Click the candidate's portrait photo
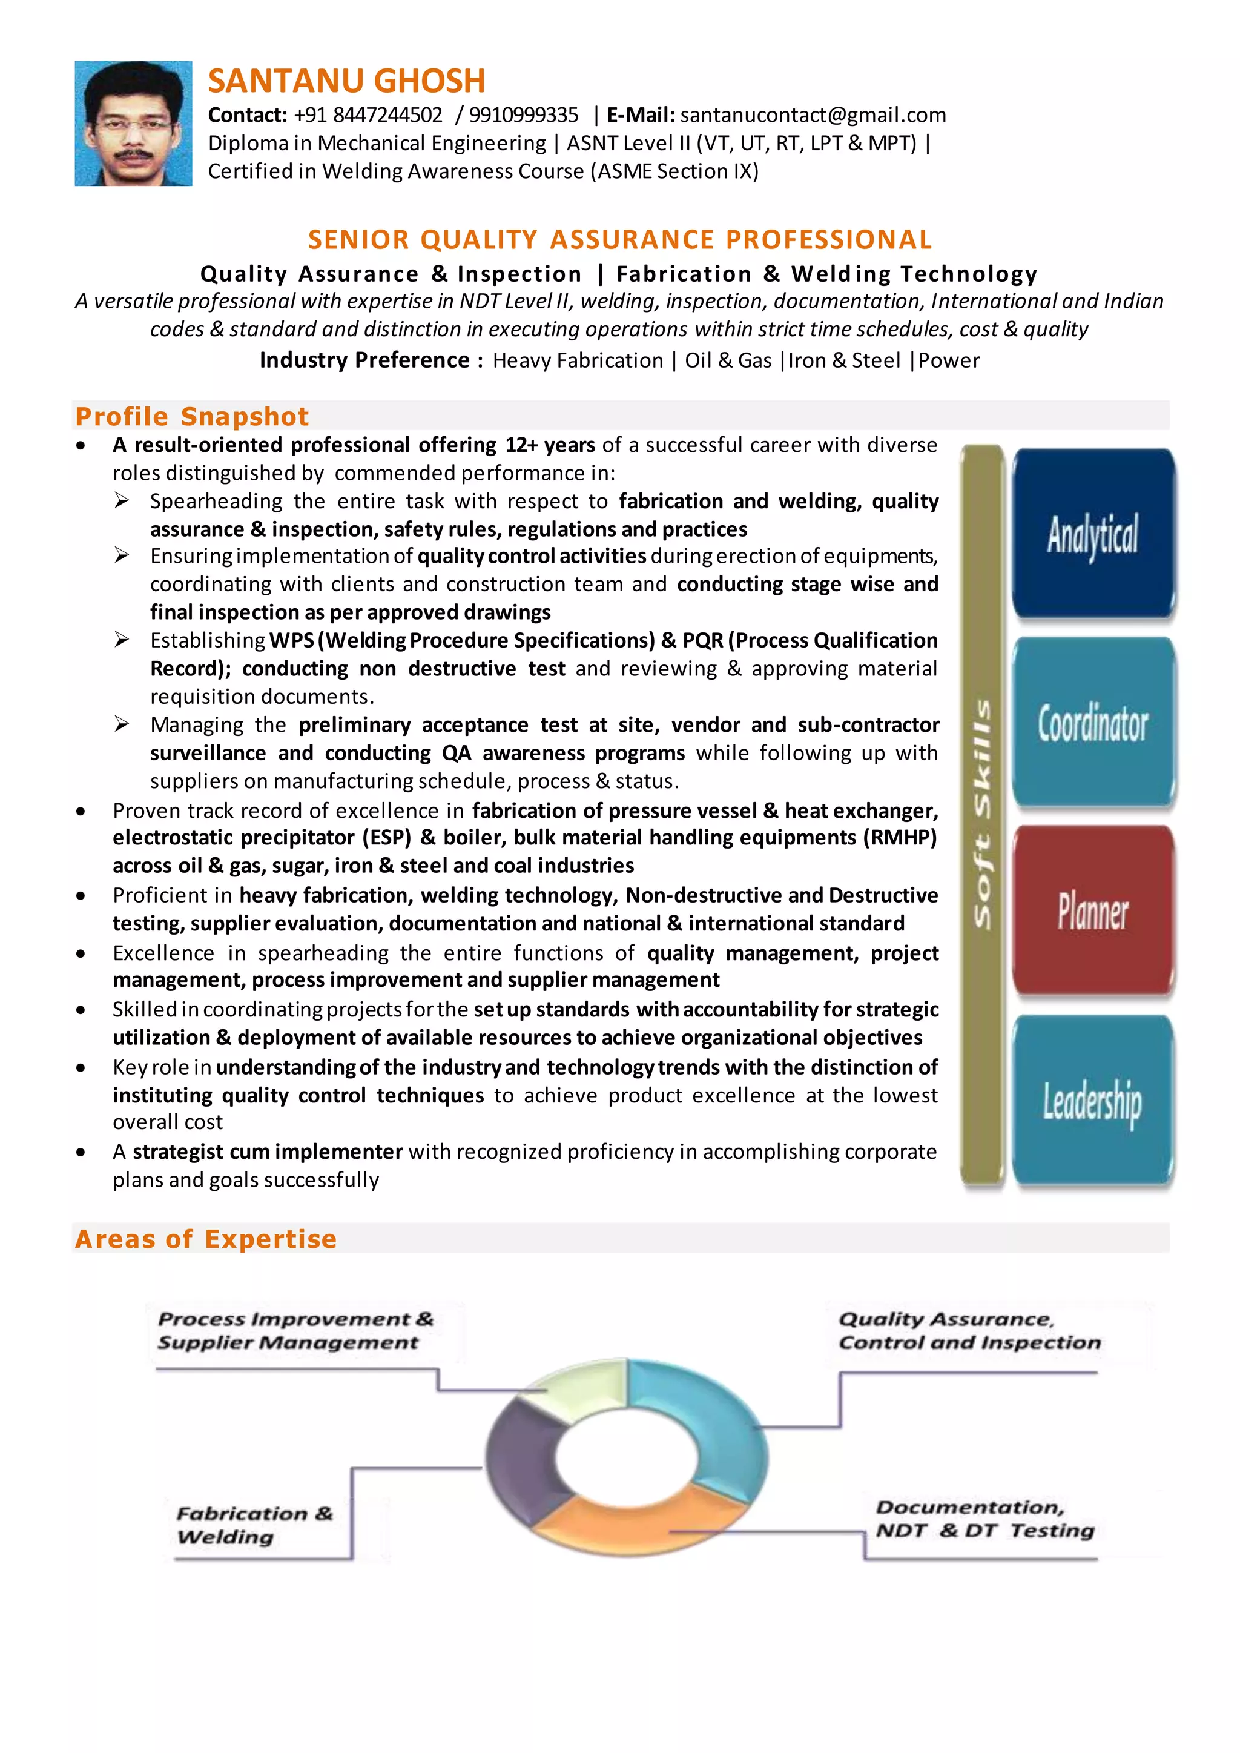[x=134, y=124]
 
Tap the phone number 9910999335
[x=523, y=115]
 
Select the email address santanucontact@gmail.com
[x=813, y=115]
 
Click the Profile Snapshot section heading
[x=192, y=416]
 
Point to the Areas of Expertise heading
[x=205, y=1239]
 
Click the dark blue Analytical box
[x=1093, y=534]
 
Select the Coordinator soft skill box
[x=1093, y=723]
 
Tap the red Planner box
[x=1093, y=911]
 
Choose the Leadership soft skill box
[x=1093, y=1101]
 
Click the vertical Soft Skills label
[x=982, y=814]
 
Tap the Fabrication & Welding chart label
[x=254, y=1525]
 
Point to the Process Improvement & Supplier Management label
[x=295, y=1331]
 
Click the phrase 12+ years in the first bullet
[x=550, y=445]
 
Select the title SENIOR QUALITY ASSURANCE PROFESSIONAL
[x=619, y=240]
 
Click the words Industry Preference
[x=364, y=360]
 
